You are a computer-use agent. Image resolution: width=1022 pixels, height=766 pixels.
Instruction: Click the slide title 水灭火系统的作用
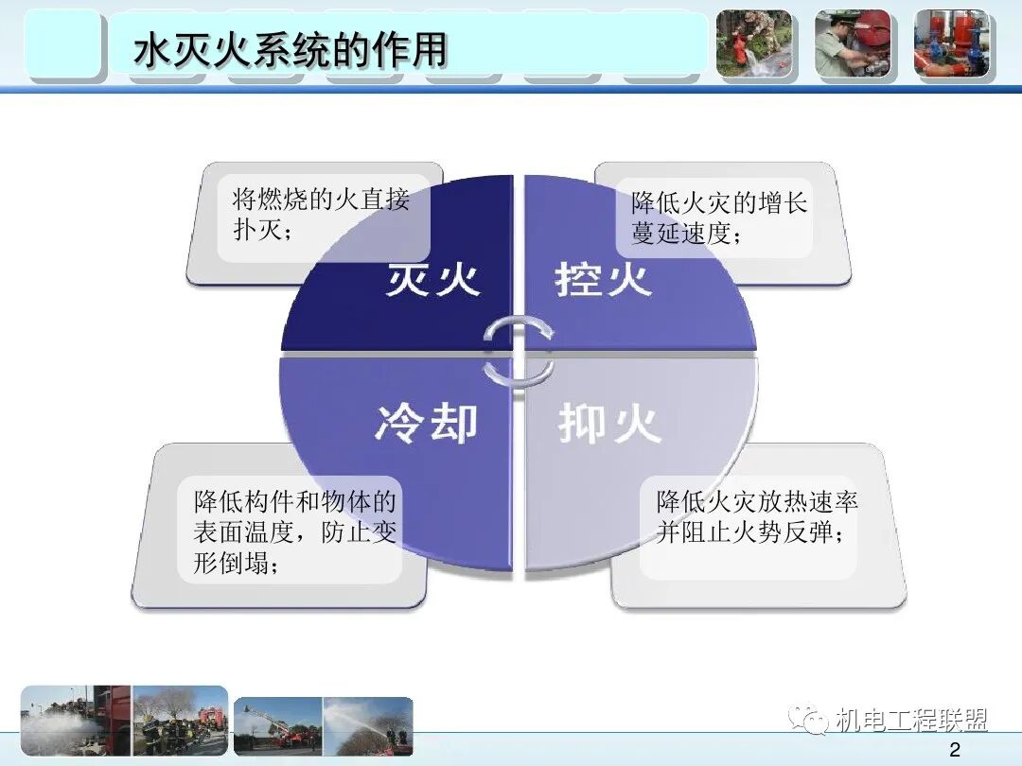coord(290,50)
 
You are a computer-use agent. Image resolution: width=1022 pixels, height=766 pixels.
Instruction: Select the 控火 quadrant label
coord(603,280)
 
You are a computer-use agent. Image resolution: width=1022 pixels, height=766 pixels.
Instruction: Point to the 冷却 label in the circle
coord(426,423)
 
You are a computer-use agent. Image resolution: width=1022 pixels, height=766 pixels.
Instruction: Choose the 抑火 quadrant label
coord(608,423)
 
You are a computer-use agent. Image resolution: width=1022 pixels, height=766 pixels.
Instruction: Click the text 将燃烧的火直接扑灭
coord(321,215)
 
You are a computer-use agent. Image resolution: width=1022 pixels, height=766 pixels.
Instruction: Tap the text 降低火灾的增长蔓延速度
coord(719,218)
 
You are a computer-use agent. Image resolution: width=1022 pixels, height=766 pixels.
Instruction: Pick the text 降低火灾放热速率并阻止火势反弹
coord(757,516)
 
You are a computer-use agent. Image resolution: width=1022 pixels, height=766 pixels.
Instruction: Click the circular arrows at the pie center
coord(518,351)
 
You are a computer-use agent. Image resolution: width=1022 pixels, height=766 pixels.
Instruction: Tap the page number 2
coord(954,750)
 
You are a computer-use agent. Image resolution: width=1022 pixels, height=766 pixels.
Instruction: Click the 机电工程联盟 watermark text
coord(911,721)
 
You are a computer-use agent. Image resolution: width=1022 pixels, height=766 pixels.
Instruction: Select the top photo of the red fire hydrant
coord(753,44)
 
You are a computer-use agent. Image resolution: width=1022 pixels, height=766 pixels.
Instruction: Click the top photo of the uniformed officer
coord(853,44)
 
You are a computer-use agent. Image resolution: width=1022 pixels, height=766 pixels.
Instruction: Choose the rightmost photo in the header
coord(951,44)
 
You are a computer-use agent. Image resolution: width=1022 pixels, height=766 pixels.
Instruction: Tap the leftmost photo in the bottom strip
coord(76,721)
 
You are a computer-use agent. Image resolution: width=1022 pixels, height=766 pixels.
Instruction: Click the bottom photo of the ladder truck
coord(278,726)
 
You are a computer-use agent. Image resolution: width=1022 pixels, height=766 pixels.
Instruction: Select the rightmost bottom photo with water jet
coord(368,726)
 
